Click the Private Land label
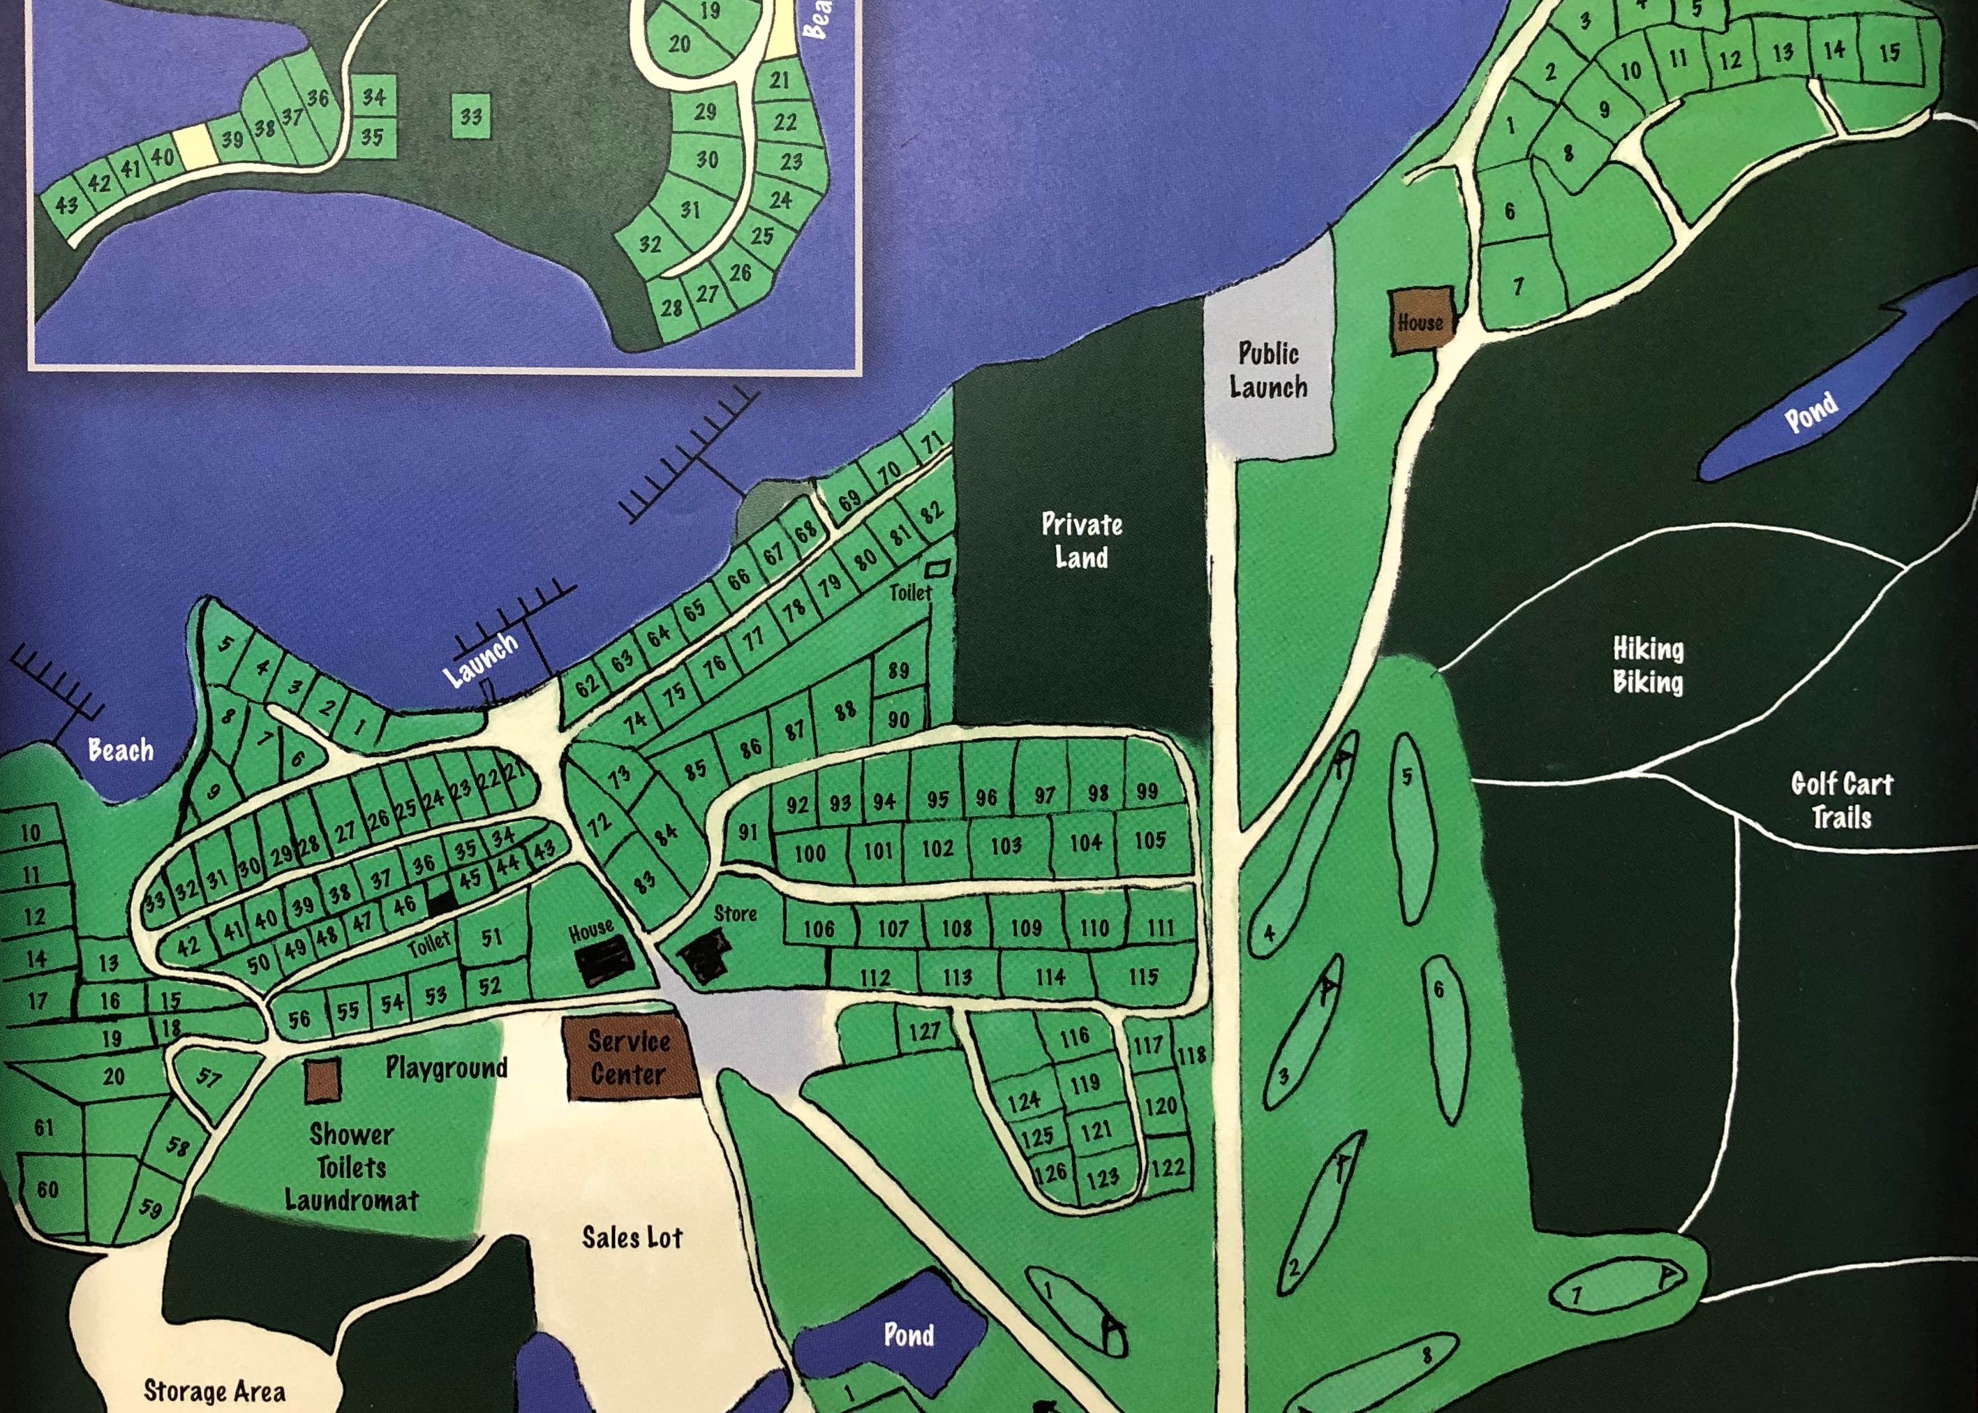pyautogui.click(x=1081, y=540)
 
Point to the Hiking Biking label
pyautogui.click(x=1647, y=665)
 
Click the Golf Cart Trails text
pyautogui.click(x=1841, y=799)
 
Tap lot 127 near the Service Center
pyautogui.click(x=924, y=1031)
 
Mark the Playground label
pyautogui.click(x=446, y=1067)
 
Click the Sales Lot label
pyautogui.click(x=632, y=1236)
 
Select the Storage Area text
pyautogui.click(x=214, y=1391)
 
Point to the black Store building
pyautogui.click(x=704, y=954)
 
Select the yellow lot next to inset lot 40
pyautogui.click(x=191, y=145)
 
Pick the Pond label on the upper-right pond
pyautogui.click(x=1811, y=412)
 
